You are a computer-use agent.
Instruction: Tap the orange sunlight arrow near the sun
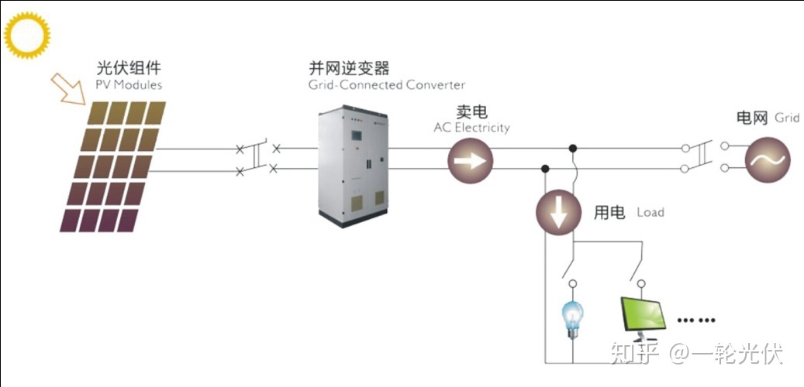pyautogui.click(x=68, y=88)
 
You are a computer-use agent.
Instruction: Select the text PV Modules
pyautogui.click(x=129, y=84)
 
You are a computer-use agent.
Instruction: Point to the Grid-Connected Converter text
pyautogui.click(x=381, y=84)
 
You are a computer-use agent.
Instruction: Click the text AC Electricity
pyautogui.click(x=471, y=128)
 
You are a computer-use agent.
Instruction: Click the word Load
pyautogui.click(x=650, y=212)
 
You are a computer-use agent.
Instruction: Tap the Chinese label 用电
pyautogui.click(x=609, y=212)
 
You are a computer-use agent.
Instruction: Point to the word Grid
pyautogui.click(x=787, y=118)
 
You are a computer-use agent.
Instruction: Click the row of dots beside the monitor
pyautogui.click(x=695, y=319)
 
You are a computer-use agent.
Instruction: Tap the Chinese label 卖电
pyautogui.click(x=471, y=112)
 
